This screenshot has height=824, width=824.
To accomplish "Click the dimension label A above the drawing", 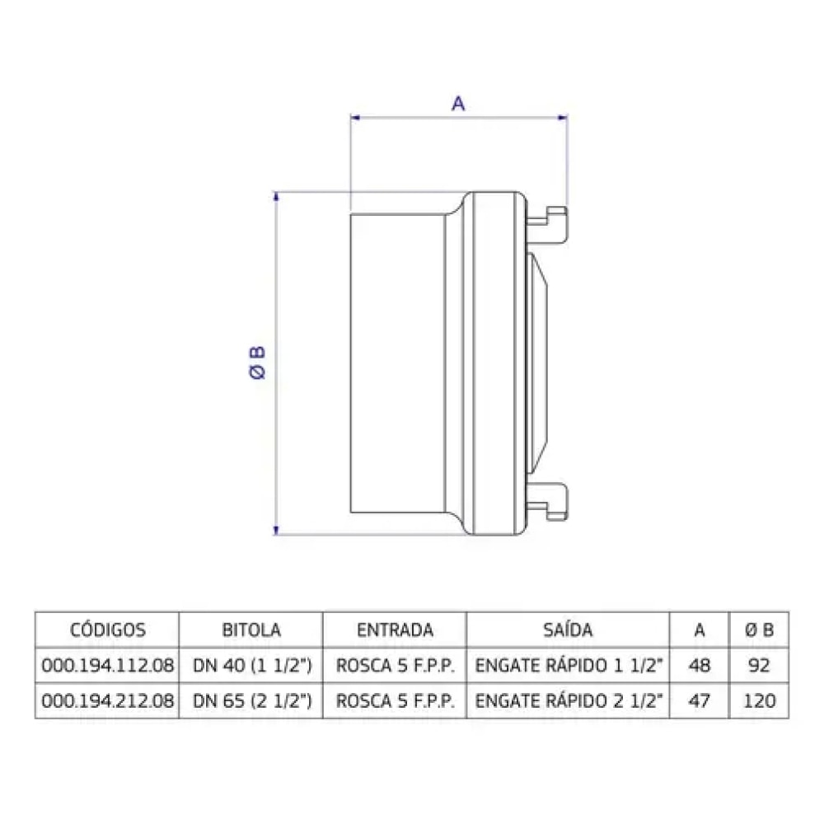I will point(459,103).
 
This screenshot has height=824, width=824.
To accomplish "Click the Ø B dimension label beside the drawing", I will point(257,363).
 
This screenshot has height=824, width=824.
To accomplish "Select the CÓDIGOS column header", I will point(107,630).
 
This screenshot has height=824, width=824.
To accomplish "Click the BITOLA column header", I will point(251,630).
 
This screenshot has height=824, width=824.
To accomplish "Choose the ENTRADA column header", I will point(395,630).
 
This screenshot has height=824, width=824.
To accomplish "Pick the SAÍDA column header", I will point(568,630).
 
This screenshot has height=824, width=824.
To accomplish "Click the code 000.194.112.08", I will point(107,667).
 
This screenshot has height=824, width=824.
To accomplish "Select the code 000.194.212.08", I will point(107,701).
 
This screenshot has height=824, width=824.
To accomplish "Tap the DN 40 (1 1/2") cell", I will point(251,667).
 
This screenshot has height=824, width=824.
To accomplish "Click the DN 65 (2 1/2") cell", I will point(251,701).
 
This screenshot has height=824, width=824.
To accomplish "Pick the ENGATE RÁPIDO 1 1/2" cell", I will point(569,667).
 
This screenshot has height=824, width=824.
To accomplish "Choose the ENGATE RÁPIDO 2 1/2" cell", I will point(569,701).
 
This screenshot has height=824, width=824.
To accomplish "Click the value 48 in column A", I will point(699,667).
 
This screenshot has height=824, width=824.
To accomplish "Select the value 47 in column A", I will point(699,701).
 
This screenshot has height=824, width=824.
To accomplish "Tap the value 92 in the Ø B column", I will point(759,667).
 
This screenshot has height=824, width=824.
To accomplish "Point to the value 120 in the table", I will point(759,701).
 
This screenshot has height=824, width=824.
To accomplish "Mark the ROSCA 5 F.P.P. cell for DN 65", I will point(395,701).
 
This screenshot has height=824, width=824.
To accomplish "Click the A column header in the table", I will point(699,630).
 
